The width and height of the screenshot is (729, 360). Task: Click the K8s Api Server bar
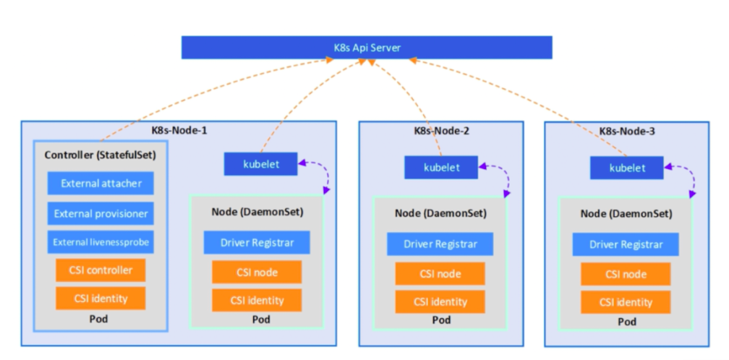click(366, 48)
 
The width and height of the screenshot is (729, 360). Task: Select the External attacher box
click(101, 183)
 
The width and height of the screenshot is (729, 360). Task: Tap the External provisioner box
click(101, 213)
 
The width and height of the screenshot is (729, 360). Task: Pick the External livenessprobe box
click(101, 241)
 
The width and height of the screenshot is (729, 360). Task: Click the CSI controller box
click(101, 270)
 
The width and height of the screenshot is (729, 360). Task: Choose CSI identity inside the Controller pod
click(101, 298)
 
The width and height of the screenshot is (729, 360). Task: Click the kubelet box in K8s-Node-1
click(261, 164)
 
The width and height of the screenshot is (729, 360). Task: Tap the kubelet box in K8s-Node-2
click(441, 168)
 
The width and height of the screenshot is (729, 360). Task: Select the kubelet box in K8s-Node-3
click(626, 168)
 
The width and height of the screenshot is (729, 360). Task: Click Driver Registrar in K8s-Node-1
click(257, 242)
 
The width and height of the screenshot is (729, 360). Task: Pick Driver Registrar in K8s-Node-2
click(440, 244)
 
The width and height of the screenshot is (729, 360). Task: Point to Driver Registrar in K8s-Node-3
click(626, 244)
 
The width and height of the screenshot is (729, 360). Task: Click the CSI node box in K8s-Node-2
click(440, 273)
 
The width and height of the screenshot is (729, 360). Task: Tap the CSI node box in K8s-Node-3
click(626, 274)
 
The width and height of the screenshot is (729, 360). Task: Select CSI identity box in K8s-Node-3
click(626, 302)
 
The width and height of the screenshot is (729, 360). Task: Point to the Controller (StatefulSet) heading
click(100, 155)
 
